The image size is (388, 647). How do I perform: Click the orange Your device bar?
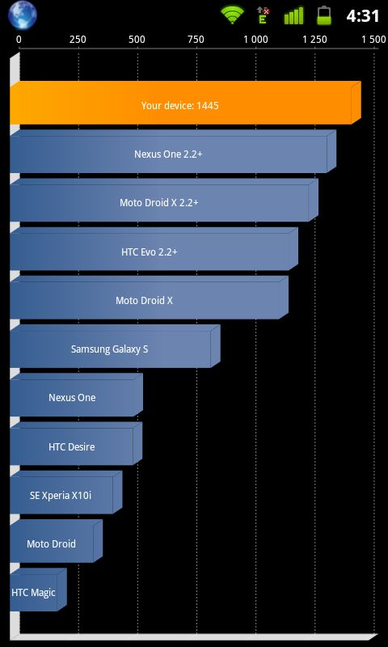pyautogui.click(x=185, y=103)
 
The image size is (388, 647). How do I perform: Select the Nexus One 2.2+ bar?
pyautogui.click(x=173, y=151)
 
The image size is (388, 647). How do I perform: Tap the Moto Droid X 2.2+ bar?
pyautogui.click(x=164, y=200)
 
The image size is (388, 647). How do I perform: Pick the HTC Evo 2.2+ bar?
pyautogui.click(x=154, y=249)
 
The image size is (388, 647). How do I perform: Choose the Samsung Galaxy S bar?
pyautogui.click(x=115, y=346)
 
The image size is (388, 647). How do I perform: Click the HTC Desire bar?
pyautogui.click(x=76, y=443)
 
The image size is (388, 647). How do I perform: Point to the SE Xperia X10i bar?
pyautogui.click(x=66, y=493)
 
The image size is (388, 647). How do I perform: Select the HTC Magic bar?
pyautogui.click(x=38, y=590)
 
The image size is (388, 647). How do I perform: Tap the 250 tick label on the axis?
pyautogui.click(x=78, y=40)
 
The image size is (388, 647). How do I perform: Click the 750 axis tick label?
pyautogui.click(x=196, y=40)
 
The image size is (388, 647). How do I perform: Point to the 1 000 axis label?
pyautogui.click(x=255, y=40)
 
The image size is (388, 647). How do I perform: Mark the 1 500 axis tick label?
pyautogui.click(x=373, y=40)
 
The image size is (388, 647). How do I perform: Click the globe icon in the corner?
pyautogui.click(x=23, y=15)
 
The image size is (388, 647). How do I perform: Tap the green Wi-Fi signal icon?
pyautogui.click(x=232, y=15)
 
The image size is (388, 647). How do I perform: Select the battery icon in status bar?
pyautogui.click(x=324, y=15)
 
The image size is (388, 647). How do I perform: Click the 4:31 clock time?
pyautogui.click(x=363, y=15)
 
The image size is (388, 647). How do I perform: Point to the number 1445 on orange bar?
pyautogui.click(x=208, y=106)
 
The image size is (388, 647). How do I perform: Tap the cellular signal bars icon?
pyautogui.click(x=294, y=15)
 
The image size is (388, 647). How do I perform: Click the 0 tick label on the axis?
pyautogui.click(x=19, y=40)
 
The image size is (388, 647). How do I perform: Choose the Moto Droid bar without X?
pyautogui.click(x=56, y=541)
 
